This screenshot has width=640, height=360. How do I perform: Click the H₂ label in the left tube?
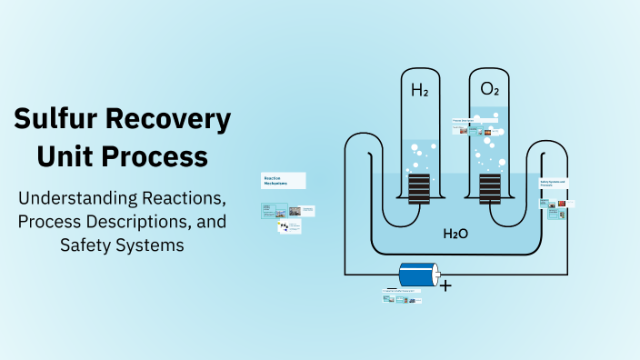click(420, 90)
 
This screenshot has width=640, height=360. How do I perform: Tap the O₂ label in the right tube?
click(489, 90)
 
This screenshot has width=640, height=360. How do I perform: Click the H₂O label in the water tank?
click(455, 234)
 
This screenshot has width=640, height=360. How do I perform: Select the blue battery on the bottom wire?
click(419, 275)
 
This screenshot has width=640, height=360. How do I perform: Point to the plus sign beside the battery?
click(445, 285)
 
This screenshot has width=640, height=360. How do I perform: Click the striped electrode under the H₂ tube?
click(418, 188)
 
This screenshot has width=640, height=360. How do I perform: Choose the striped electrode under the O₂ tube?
click(490, 188)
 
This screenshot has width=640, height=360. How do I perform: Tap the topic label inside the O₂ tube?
click(466, 120)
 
